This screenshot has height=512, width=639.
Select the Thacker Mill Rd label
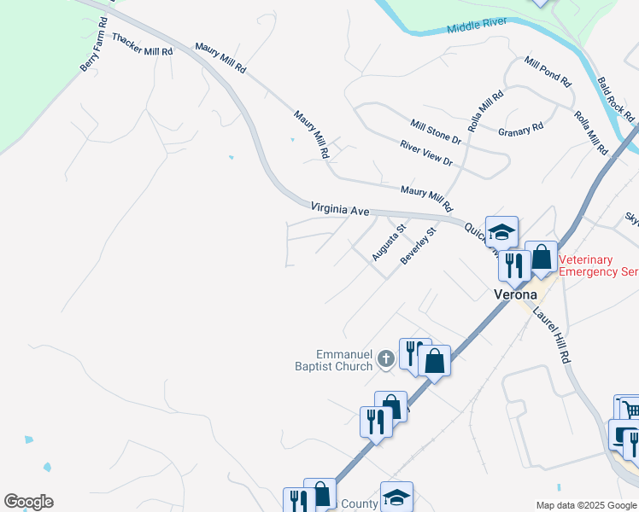click(x=142, y=45)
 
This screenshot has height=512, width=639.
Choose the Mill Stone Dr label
click(x=435, y=131)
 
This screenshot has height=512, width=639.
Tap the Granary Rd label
click(x=520, y=130)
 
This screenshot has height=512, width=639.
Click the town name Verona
click(x=516, y=294)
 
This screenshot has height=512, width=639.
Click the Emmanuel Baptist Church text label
click(x=344, y=360)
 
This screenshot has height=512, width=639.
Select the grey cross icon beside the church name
click(x=386, y=359)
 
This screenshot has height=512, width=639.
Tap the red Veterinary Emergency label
click(x=598, y=265)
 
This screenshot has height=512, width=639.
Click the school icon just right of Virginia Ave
click(x=502, y=231)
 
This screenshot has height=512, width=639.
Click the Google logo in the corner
click(x=28, y=502)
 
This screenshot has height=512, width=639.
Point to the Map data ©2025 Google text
click(x=585, y=505)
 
